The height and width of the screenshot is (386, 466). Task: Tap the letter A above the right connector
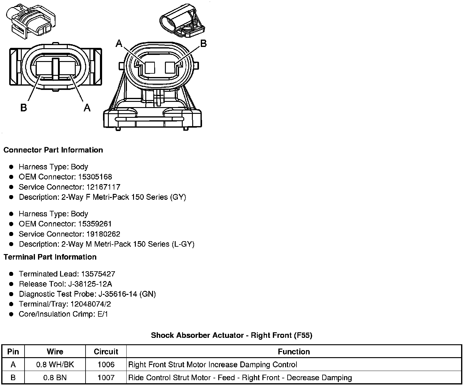(119, 44)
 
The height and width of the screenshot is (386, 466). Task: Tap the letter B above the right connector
(203, 44)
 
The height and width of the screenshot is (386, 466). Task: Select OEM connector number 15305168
(95, 177)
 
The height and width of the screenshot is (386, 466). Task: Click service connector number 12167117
(103, 187)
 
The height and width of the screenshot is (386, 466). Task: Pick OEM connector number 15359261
(95, 224)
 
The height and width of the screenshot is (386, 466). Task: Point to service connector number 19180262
(103, 234)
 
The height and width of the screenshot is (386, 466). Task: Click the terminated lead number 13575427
(98, 274)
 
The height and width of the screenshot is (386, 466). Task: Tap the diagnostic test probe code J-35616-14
(118, 294)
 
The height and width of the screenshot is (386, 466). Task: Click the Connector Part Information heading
(53, 150)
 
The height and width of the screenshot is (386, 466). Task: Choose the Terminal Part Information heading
(50, 257)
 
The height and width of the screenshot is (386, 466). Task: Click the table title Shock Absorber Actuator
(231, 335)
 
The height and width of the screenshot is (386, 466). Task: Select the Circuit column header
(106, 352)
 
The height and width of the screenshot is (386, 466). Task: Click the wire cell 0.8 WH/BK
(55, 365)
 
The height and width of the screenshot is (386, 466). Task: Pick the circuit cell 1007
(106, 377)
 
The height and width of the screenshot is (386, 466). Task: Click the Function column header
(294, 352)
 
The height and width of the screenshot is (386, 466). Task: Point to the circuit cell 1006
(106, 365)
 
